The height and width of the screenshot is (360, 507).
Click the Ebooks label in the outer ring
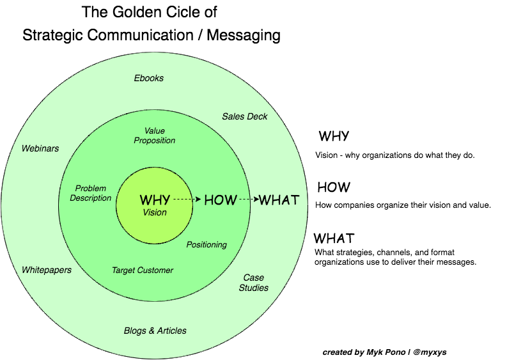click(x=149, y=78)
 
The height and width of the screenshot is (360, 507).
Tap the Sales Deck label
click(x=245, y=116)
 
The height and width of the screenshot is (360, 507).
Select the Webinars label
click(x=40, y=148)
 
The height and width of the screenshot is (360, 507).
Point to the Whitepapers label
click(x=47, y=270)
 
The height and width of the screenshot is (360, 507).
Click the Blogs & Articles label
click(x=155, y=331)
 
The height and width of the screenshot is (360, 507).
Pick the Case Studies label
click(x=254, y=283)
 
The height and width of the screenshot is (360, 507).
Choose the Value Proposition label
click(x=155, y=136)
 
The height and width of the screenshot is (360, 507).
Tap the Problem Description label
click(x=91, y=193)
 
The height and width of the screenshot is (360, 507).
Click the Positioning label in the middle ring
click(x=207, y=245)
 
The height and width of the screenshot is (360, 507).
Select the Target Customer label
click(x=143, y=270)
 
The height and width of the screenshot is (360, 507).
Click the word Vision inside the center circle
click(x=155, y=213)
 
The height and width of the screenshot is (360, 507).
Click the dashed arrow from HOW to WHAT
click(x=248, y=200)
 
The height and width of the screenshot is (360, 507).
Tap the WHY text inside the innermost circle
click(x=155, y=200)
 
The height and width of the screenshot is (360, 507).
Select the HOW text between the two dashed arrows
click(x=221, y=200)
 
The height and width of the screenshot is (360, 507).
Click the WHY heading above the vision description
click(x=334, y=136)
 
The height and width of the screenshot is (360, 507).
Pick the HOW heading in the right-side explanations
click(x=334, y=187)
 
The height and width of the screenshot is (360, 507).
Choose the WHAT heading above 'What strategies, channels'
click(x=334, y=239)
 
